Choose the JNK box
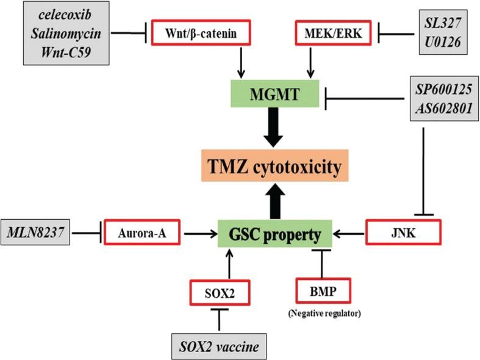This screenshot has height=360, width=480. tap(402, 233)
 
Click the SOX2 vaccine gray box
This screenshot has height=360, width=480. tap(220, 345)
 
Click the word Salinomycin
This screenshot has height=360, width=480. tap(58, 34)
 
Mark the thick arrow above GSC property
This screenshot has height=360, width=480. tap(274, 201)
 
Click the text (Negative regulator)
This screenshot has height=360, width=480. tap(321, 315)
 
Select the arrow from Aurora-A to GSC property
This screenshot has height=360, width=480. tap(201, 233)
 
